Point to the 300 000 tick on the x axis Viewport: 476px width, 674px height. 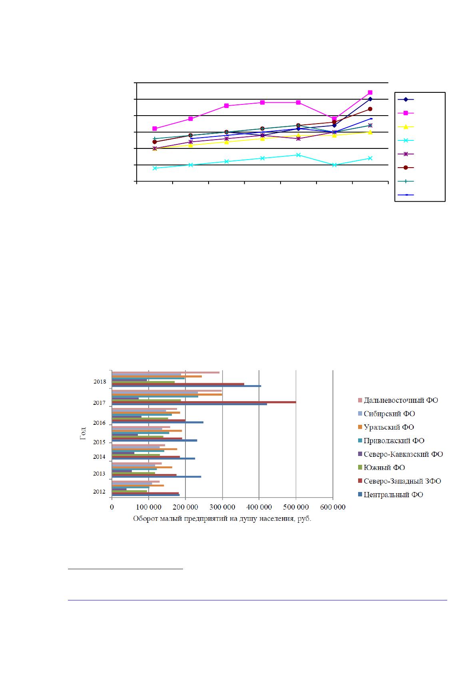tap(222, 507)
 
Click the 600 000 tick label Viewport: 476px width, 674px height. tap(333, 507)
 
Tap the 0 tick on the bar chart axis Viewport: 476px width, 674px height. tap(112, 507)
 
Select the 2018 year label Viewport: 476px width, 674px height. tap(100, 382)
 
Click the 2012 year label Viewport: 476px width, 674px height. tap(99, 492)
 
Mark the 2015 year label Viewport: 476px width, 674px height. tap(99, 442)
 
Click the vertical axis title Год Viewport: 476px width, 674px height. tap(83, 434)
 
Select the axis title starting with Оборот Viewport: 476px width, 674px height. tap(222, 519)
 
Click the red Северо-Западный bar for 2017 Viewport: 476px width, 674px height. tap(204, 402)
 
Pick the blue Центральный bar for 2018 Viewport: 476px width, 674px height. tap(186, 386)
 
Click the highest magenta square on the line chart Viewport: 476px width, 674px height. tap(370, 92)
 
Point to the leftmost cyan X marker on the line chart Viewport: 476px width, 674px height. tap(155, 168)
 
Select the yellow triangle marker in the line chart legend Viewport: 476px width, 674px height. tap(406, 127)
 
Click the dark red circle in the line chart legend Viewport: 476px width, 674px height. tap(406, 168)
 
